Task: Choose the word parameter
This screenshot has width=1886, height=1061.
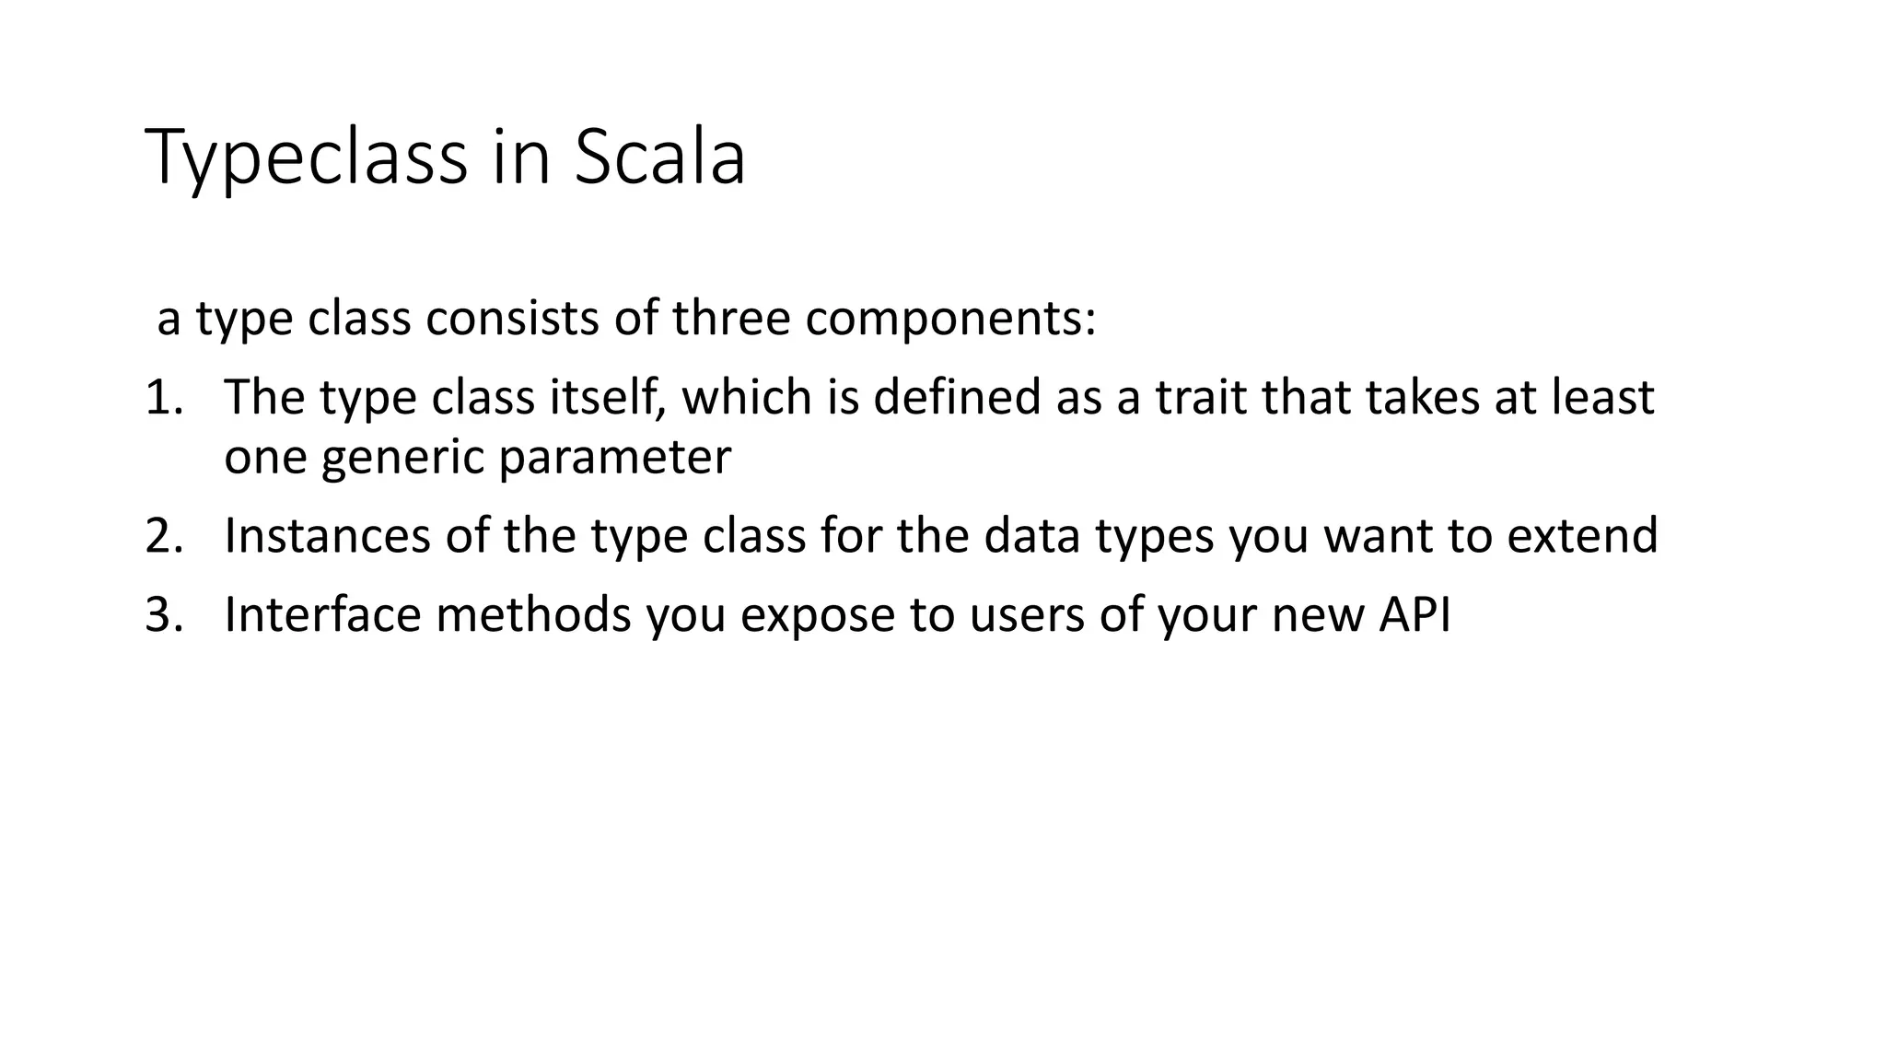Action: [x=614, y=458]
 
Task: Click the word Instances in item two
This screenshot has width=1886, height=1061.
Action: [x=327, y=536]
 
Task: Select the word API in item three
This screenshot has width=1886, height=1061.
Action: [x=1414, y=615]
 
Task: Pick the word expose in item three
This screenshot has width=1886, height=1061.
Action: [x=817, y=615]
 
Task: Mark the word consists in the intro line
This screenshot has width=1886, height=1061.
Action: [x=511, y=319]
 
